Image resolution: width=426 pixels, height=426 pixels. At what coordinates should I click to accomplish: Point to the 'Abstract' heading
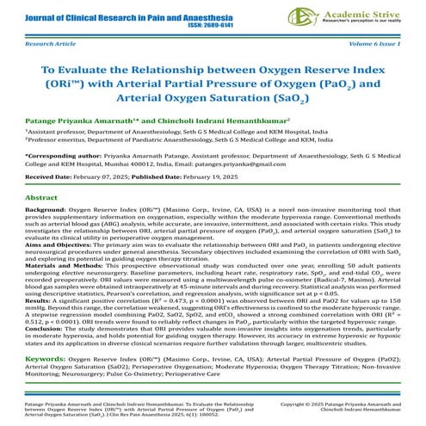(42, 197)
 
